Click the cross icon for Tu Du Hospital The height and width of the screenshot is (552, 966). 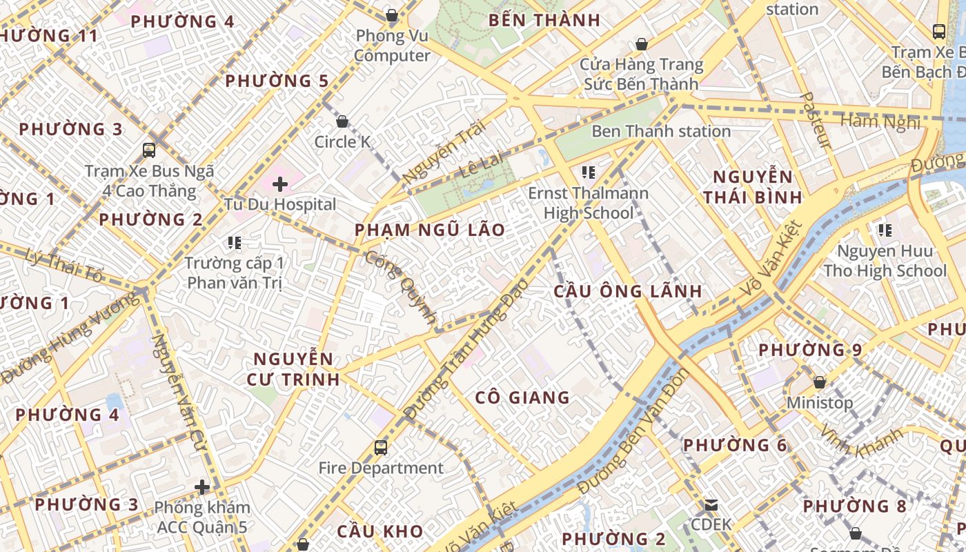pyautogui.click(x=279, y=184)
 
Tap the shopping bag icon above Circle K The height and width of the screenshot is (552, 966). pyautogui.click(x=342, y=122)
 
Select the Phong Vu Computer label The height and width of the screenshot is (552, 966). pyautogui.click(x=392, y=46)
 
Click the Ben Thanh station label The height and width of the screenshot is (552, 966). pyautogui.click(x=660, y=131)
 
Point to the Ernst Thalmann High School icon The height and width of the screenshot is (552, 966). pyautogui.click(x=588, y=172)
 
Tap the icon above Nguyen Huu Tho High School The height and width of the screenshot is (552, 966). pyautogui.click(x=885, y=230)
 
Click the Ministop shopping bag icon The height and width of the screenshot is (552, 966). pyautogui.click(x=820, y=382)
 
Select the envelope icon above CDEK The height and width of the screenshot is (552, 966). pyautogui.click(x=711, y=504)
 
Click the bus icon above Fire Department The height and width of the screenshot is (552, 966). pyautogui.click(x=380, y=448)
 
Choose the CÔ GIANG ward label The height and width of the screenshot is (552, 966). pyautogui.click(x=522, y=397)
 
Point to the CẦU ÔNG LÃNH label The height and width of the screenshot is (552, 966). pyautogui.click(x=628, y=291)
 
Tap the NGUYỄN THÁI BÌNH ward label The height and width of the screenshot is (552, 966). pyautogui.click(x=753, y=186)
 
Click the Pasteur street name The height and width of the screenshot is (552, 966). pyautogui.click(x=816, y=120)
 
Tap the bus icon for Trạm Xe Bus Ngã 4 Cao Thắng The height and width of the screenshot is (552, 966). pyautogui.click(x=148, y=150)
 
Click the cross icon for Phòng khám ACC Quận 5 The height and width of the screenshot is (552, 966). pyautogui.click(x=201, y=488)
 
